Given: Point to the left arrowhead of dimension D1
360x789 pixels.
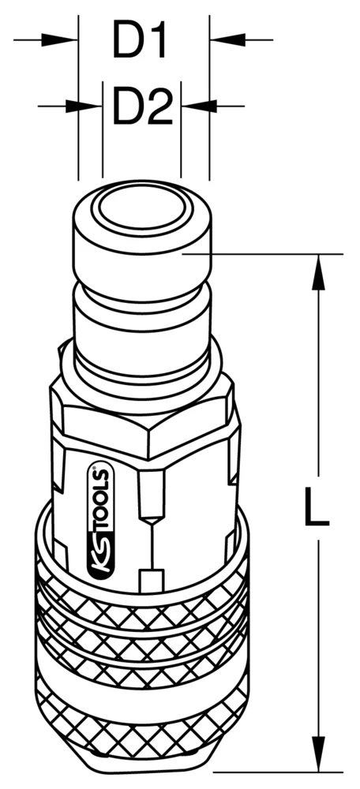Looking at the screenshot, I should click(x=67, y=38).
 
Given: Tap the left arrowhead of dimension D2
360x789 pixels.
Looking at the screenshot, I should click(x=92, y=104).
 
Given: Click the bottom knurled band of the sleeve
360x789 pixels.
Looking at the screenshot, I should click(x=142, y=726).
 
